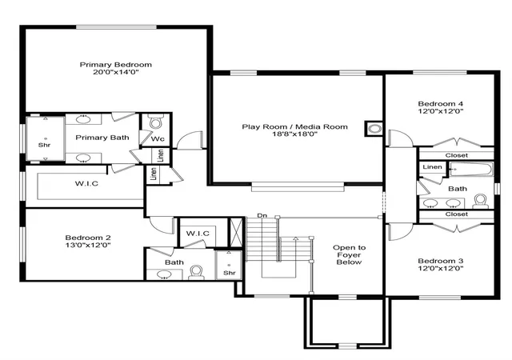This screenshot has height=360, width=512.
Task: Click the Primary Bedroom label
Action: (x=116, y=65)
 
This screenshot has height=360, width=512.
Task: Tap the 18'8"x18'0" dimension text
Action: (x=295, y=134)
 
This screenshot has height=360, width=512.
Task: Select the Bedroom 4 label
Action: (x=441, y=104)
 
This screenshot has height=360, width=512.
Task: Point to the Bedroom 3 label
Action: (x=441, y=261)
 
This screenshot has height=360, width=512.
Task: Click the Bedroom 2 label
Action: (x=88, y=238)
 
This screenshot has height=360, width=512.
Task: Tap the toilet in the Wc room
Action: (x=156, y=122)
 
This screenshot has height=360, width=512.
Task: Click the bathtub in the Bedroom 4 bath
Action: (x=471, y=170)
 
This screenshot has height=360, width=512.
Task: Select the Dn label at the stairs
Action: (x=262, y=216)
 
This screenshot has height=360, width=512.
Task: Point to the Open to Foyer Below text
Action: (x=349, y=255)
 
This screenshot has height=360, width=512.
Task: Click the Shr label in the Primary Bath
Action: (x=45, y=145)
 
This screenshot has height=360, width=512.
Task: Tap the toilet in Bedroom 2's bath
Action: (x=196, y=273)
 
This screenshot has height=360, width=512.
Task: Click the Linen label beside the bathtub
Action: (x=432, y=167)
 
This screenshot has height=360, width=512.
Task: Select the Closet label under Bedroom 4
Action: (x=457, y=155)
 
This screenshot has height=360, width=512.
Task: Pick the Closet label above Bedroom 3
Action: (x=457, y=214)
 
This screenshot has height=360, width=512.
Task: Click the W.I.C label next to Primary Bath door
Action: (x=86, y=183)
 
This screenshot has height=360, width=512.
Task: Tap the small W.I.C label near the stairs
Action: (x=198, y=234)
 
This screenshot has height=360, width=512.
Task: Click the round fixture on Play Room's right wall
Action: (x=374, y=129)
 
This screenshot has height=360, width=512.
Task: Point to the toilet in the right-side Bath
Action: (x=480, y=202)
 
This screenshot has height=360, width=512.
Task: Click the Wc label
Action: (x=158, y=139)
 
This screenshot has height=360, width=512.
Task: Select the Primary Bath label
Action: (x=102, y=138)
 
